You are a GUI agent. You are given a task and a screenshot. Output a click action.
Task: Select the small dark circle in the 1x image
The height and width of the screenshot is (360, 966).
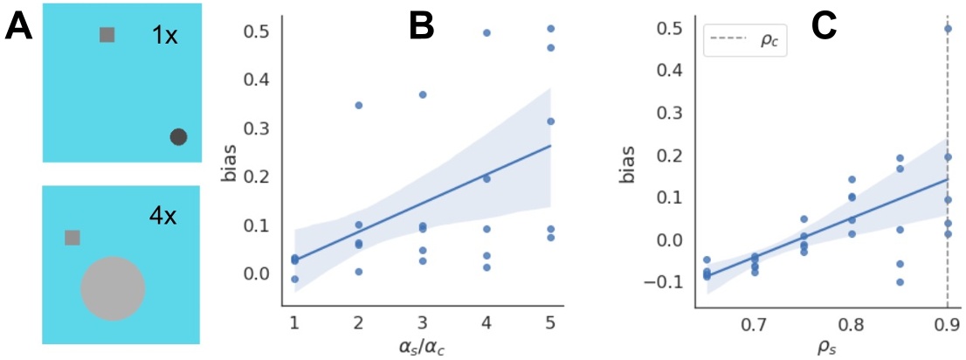pyautogui.click(x=178, y=136)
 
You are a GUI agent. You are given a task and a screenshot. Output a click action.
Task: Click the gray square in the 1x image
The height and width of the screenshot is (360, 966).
pyautogui.click(x=107, y=35)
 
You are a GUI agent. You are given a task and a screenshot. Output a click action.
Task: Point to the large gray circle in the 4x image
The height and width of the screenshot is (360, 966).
pyautogui.click(x=113, y=288)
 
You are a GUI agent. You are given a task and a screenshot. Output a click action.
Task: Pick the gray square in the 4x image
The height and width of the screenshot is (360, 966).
pyautogui.click(x=72, y=238)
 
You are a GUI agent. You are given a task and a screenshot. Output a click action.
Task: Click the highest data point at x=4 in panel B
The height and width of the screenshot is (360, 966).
pyautogui.click(x=486, y=33)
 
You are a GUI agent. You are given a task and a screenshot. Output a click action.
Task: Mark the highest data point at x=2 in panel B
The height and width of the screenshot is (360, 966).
pyautogui.click(x=358, y=105)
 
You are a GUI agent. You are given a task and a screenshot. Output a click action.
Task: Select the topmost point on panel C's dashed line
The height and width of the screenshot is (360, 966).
pyautogui.click(x=949, y=29)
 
